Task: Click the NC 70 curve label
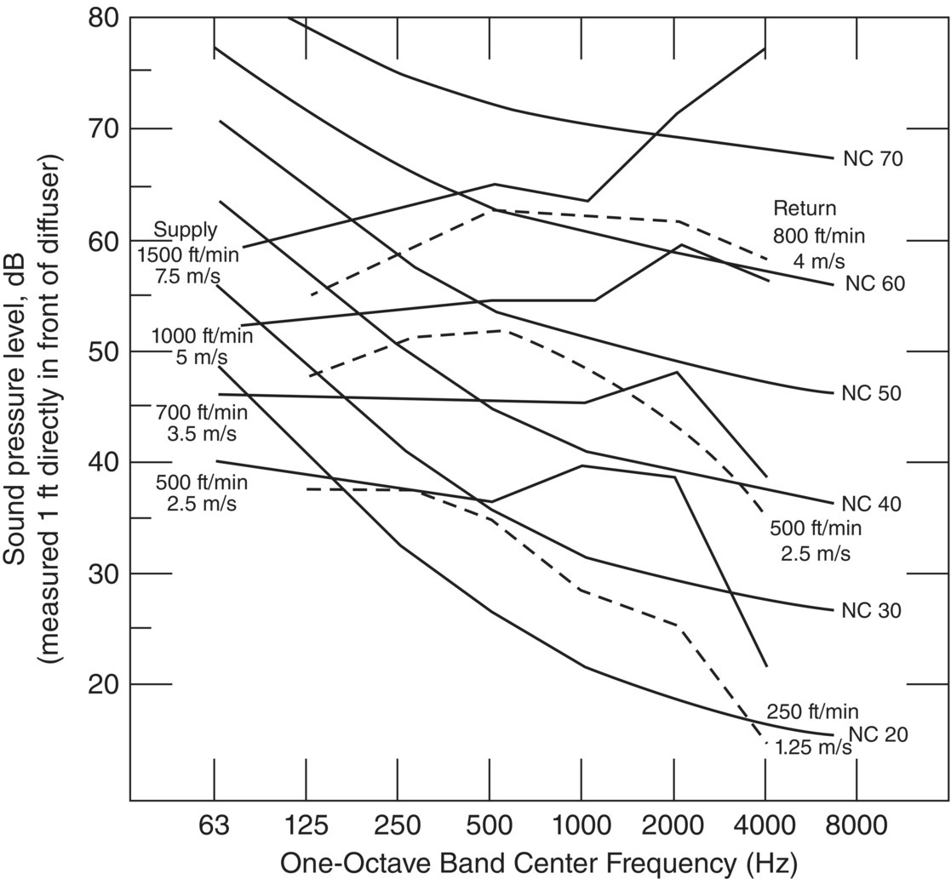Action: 873,159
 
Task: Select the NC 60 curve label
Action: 874,283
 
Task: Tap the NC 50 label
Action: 871,394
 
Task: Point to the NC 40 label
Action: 871,505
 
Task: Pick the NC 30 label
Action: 871,611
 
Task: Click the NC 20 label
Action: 878,734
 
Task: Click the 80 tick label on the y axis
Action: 106,17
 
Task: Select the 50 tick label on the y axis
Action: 106,351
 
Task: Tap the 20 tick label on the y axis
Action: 106,684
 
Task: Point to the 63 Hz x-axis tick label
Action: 214,825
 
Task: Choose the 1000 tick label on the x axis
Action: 581,825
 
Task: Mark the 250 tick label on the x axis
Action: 398,825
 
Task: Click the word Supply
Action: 186,230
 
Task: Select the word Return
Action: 805,208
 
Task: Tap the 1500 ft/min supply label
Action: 189,253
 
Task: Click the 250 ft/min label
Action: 812,712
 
